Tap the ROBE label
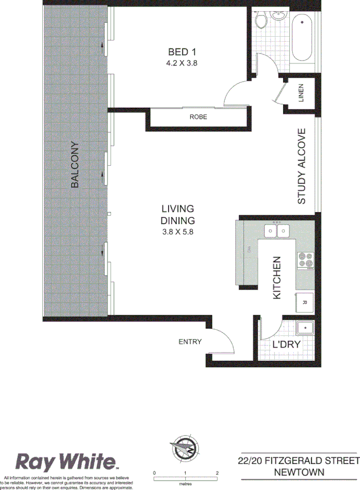(x=198, y=117)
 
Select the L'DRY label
(x=286, y=344)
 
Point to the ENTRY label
(x=190, y=342)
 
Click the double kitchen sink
(x=277, y=230)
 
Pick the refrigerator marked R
(x=304, y=302)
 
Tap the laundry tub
(x=305, y=329)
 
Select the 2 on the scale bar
(x=218, y=473)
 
